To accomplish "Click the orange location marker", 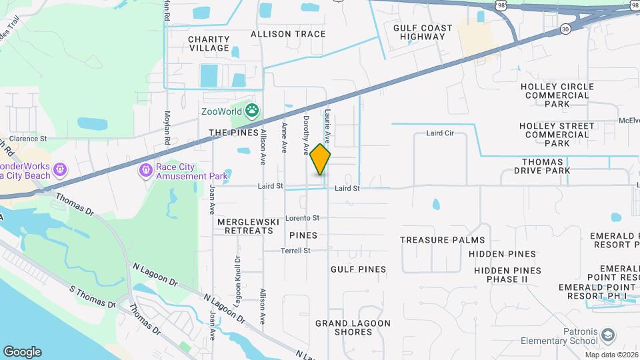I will click(x=321, y=159).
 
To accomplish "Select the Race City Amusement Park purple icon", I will click(x=145, y=171).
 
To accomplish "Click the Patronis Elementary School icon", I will click(x=607, y=334).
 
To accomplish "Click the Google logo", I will click(x=22, y=352).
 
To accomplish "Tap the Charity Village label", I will click(x=209, y=43).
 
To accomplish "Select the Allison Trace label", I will click(x=288, y=34).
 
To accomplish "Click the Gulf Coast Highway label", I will click(x=423, y=32).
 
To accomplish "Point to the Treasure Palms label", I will click(x=441, y=240).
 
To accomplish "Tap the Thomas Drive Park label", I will click(x=546, y=166).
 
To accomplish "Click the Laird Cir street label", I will click(x=439, y=133).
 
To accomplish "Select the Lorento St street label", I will click(x=303, y=217).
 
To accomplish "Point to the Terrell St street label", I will click(x=297, y=251).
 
